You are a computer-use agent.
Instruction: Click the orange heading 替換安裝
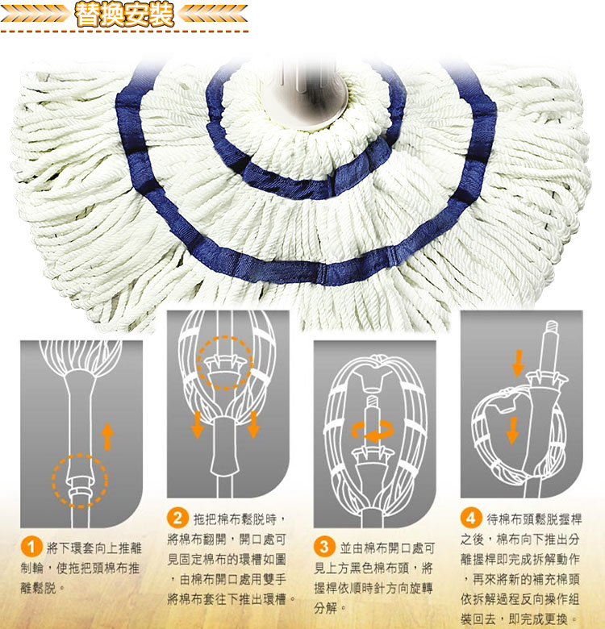click(124, 15)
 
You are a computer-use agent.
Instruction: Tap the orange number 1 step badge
click(31, 548)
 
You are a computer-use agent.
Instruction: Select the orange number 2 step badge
click(177, 518)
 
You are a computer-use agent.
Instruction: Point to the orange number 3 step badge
click(324, 548)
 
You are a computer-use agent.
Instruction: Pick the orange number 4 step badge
click(471, 518)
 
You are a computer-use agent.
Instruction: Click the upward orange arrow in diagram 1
click(107, 437)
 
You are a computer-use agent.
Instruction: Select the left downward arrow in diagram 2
click(197, 424)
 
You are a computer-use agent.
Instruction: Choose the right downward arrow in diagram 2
click(253, 424)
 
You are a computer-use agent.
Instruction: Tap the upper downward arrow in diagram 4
click(518, 363)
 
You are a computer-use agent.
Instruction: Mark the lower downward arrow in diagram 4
click(512, 430)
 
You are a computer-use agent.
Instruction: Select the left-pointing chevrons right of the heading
click(212, 14)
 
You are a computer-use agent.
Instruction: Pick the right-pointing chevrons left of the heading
click(35, 14)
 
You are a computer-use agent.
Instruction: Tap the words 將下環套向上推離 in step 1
click(94, 548)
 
